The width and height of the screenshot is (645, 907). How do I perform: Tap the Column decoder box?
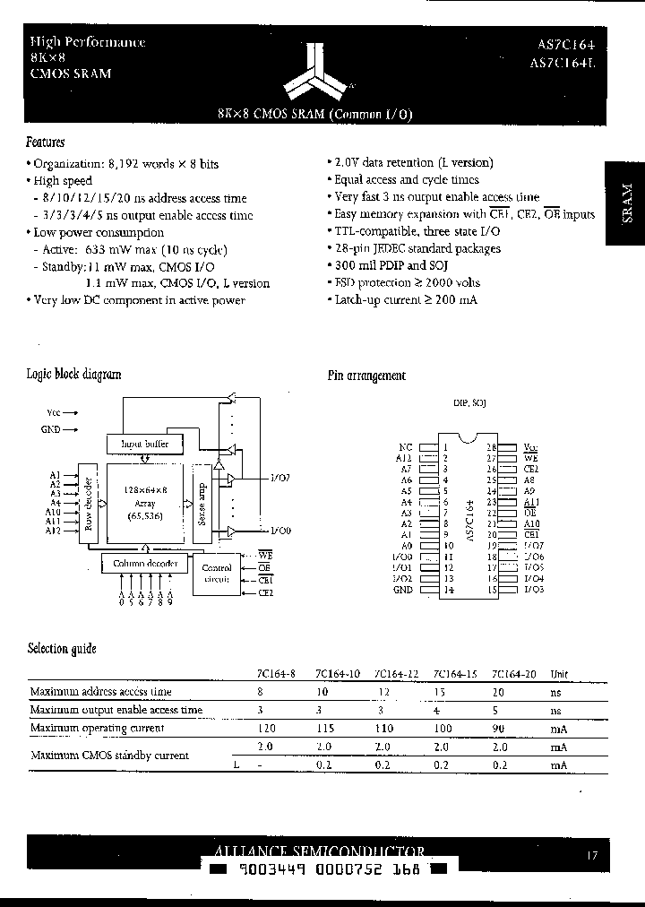(x=145, y=564)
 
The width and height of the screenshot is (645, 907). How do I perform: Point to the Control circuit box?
(x=218, y=574)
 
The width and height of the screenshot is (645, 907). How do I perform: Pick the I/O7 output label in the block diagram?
(x=279, y=479)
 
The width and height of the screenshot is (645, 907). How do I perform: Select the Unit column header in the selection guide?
(x=558, y=674)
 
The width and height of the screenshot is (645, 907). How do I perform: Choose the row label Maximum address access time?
(x=100, y=692)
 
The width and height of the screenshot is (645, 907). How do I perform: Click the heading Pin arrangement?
(x=365, y=376)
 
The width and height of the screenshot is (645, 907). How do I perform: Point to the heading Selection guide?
(x=62, y=649)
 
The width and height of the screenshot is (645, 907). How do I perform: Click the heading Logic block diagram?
(x=73, y=375)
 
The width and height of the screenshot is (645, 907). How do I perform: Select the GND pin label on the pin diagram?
(x=403, y=590)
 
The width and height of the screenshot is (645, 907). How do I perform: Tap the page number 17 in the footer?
(x=592, y=856)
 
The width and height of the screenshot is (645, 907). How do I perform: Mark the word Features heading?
(x=45, y=143)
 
